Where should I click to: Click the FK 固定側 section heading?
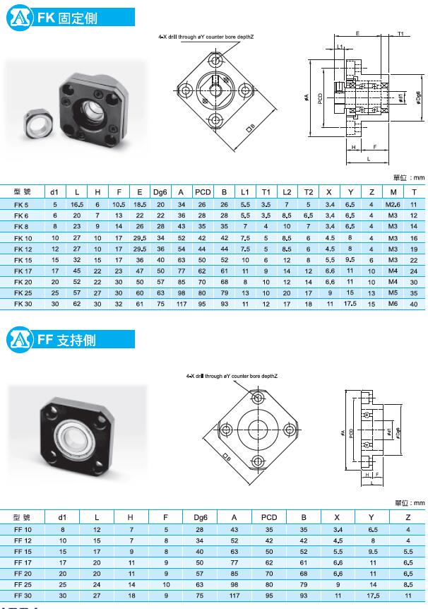point(67,18)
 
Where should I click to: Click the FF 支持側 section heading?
point(66,340)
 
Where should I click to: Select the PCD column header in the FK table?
point(203,192)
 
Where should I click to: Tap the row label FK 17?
point(23,271)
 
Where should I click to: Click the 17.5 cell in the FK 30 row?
point(350,304)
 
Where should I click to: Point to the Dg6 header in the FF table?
point(201,517)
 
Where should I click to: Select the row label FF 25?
point(23,584)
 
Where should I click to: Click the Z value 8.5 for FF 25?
point(408,584)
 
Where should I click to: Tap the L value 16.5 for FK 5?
point(77,204)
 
